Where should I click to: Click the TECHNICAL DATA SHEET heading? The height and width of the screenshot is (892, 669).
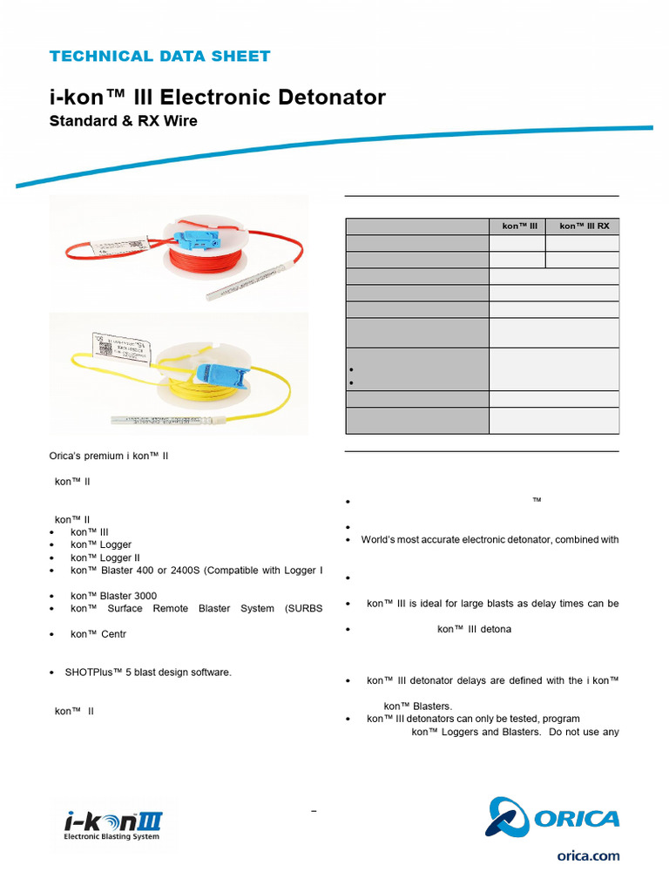159,57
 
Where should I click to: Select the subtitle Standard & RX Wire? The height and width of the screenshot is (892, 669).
123,121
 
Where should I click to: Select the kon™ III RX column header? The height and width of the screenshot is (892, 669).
583,226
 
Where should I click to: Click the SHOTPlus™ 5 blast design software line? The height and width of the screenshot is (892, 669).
147,672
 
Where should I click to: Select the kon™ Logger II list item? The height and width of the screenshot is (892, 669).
105,557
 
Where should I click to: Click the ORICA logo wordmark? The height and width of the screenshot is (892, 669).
576,819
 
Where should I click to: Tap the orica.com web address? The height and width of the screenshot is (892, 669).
589,856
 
